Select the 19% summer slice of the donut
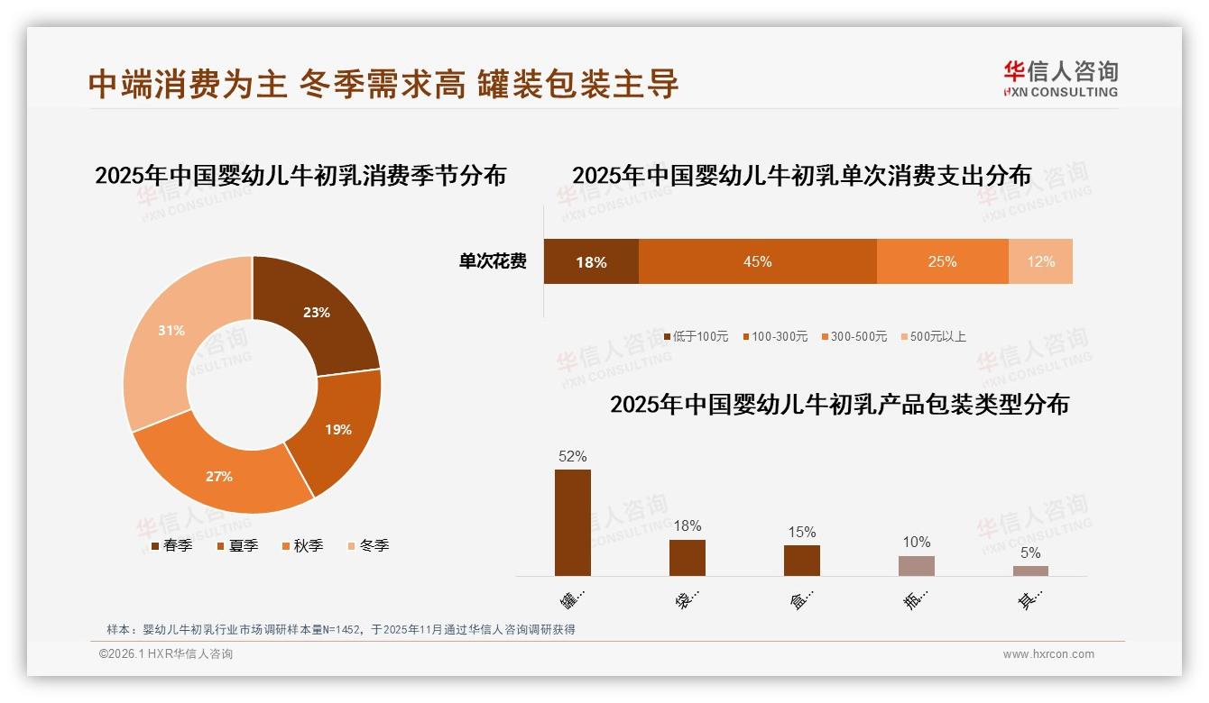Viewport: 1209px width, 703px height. click(x=337, y=429)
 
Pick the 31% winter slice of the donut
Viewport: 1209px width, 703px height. click(x=171, y=331)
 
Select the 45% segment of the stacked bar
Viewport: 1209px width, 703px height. click(x=757, y=261)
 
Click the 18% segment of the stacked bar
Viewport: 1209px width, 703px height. click(x=591, y=261)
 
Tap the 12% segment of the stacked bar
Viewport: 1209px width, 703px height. click(x=1040, y=261)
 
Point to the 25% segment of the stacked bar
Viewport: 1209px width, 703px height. click(x=942, y=261)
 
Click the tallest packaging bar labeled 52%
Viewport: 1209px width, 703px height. click(x=573, y=523)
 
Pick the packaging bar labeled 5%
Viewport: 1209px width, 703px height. click(x=1030, y=571)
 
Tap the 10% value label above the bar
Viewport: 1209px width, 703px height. click(x=916, y=542)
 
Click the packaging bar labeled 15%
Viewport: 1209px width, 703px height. click(x=801, y=561)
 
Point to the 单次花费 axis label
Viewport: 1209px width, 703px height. click(x=493, y=261)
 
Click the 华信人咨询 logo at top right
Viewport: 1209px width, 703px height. click(x=1060, y=78)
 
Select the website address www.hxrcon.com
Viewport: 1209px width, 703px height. click(x=1048, y=654)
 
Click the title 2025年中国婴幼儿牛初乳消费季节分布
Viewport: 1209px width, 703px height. click(x=300, y=175)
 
